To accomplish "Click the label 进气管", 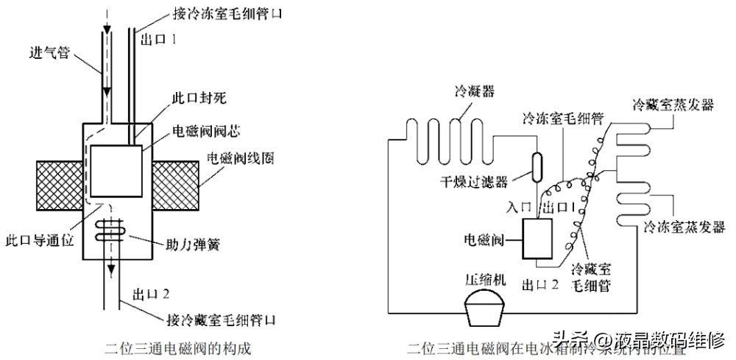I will (49, 54).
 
